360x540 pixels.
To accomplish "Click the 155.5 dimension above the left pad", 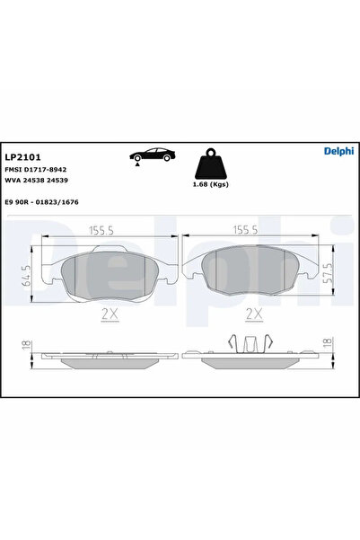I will click(104, 231).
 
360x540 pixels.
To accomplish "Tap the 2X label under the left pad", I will click(110, 314).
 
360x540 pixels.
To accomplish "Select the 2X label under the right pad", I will click(254, 314).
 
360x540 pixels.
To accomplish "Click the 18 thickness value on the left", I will click(27, 345).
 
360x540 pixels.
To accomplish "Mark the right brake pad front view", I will click(248, 270).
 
